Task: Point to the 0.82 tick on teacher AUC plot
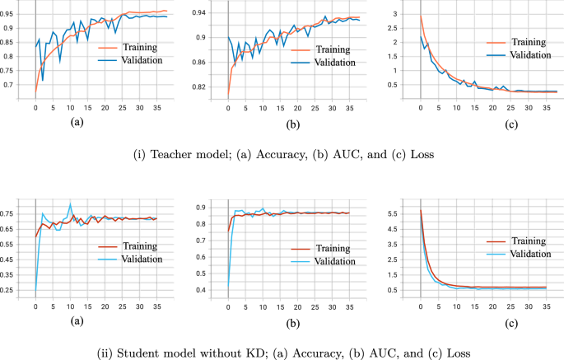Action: (x=209, y=86)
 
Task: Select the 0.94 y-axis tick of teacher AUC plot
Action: (x=209, y=13)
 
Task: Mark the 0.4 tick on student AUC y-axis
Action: (x=209, y=290)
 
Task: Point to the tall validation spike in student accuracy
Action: (x=70, y=203)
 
